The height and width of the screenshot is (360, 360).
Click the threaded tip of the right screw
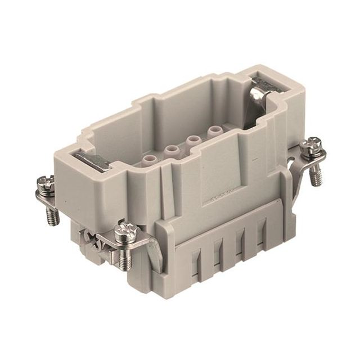point(317,178)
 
